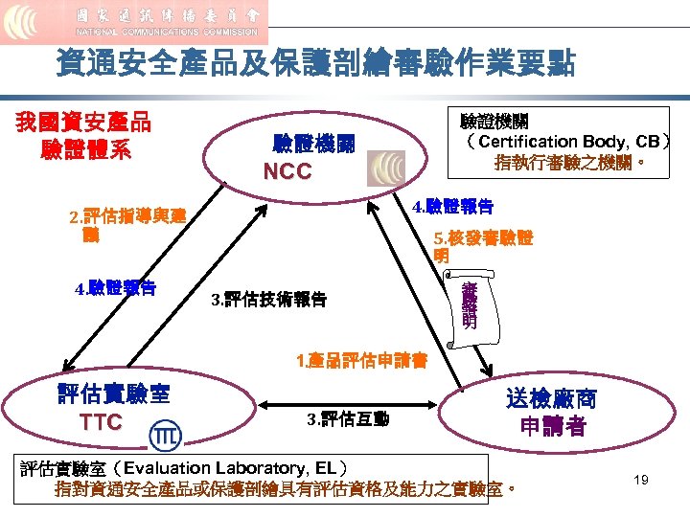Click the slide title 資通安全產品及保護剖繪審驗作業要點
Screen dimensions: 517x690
316,64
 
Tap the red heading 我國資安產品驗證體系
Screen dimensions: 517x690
82,136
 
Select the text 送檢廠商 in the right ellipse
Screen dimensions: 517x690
551,398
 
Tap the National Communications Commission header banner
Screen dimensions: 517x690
134,22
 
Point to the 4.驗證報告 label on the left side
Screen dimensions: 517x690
116,286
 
